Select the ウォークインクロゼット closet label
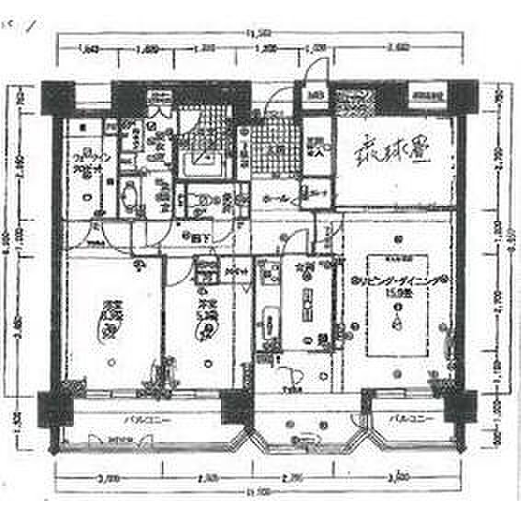88,168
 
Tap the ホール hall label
277,197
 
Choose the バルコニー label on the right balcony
406,420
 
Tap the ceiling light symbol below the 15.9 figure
397,323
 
